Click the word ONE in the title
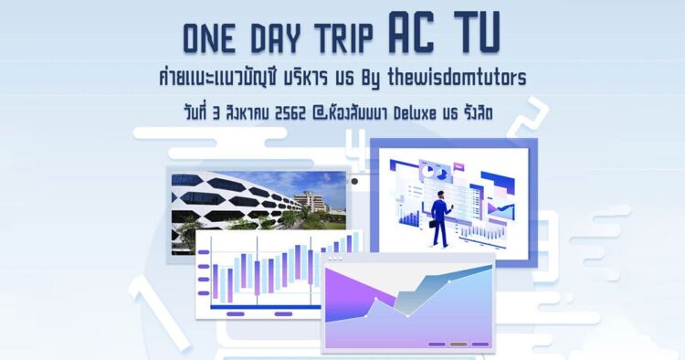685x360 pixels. click(208, 38)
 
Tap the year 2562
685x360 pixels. click(290, 114)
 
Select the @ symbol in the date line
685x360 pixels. click(318, 114)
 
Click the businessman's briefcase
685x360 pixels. click(434, 224)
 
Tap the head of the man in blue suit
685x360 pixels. click(440, 195)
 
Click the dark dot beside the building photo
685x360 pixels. click(354, 181)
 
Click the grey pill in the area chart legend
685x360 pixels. click(458, 344)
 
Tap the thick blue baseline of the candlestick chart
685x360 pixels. click(268, 307)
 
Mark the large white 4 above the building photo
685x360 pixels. click(360, 148)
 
